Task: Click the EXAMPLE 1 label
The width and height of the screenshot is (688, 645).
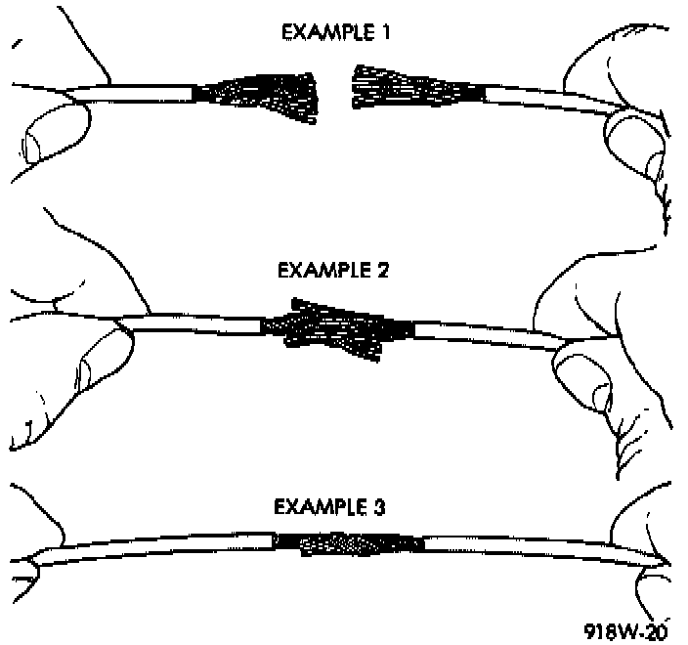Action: (x=334, y=31)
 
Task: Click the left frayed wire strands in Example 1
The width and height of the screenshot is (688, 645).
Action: (x=256, y=95)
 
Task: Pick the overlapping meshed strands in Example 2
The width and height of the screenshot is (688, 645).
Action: (x=338, y=326)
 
